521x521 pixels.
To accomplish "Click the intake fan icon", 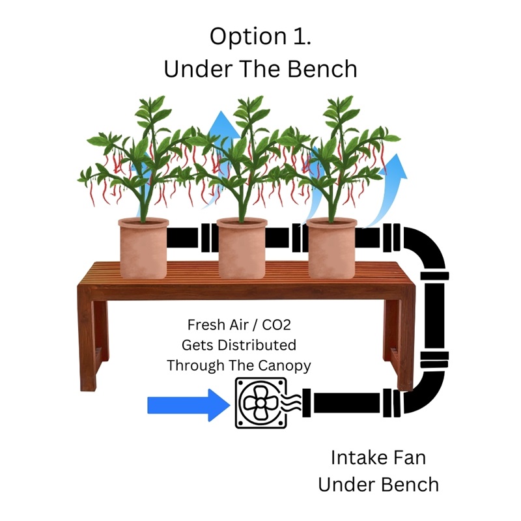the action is pos(261,402).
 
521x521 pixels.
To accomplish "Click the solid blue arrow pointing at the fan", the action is pos(189,405).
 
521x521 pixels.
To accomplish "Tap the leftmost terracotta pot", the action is pos(143,248).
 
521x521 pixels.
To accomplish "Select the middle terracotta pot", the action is pos(242,248).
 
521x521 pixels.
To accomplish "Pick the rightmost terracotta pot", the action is pos(331,248).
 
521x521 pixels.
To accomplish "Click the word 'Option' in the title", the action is pos(248,37).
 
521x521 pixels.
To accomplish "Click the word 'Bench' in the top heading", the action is pos(322,69).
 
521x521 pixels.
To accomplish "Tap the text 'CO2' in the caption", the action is pos(276,325).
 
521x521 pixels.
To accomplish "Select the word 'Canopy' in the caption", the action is pos(285,366).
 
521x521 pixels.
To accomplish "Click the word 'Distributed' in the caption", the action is pos(257,345).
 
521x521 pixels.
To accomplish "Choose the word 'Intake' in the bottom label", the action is pos(355,458).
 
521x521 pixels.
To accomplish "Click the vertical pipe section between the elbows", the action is pos(434,315).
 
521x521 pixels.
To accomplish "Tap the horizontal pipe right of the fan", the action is pos(346,402).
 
